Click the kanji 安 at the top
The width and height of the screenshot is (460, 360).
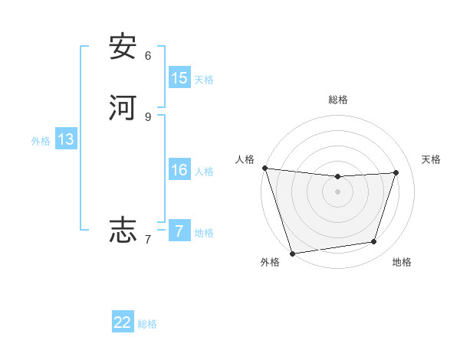click(x=123, y=47)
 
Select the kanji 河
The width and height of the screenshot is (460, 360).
click(x=123, y=107)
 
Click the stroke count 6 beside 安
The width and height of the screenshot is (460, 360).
click(x=148, y=55)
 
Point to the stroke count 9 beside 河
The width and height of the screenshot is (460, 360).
click(x=148, y=116)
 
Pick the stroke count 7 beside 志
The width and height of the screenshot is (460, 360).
click(x=148, y=240)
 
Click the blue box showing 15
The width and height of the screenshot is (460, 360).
click(x=179, y=77)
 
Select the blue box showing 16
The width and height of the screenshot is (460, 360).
click(x=179, y=170)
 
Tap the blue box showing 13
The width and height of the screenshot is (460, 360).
click(x=65, y=139)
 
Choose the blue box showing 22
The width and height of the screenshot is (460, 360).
click(x=123, y=322)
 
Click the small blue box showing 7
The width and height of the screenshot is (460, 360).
click(x=179, y=231)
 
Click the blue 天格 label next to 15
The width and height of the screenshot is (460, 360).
click(x=204, y=79)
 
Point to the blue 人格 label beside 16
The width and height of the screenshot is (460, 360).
click(x=204, y=172)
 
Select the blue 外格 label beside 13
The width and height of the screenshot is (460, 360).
click(x=41, y=141)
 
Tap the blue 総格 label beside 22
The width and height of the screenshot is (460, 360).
click(x=147, y=324)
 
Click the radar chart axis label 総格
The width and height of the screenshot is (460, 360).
click(x=338, y=100)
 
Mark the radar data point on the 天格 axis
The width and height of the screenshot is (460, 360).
click(x=396, y=172)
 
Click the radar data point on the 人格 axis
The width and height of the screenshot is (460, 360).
click(x=264, y=168)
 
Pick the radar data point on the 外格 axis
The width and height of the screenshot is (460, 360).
click(x=292, y=253)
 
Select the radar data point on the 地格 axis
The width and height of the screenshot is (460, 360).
click(x=374, y=242)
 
